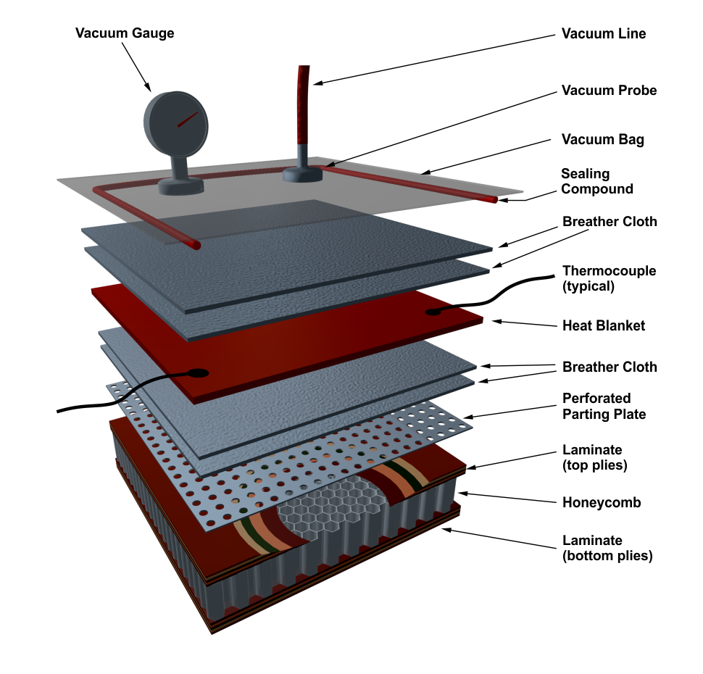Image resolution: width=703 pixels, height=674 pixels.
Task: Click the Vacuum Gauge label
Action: click(125, 33)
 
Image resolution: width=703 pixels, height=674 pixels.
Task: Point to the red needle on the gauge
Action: click(187, 118)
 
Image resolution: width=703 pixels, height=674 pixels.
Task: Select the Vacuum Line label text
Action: click(603, 34)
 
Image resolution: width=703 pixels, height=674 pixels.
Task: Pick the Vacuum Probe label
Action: click(609, 91)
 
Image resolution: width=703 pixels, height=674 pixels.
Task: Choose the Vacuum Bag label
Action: click(602, 140)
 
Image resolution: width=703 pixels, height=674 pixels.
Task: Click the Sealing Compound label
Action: click(596, 182)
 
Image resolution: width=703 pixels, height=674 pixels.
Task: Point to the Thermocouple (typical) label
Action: click(609, 278)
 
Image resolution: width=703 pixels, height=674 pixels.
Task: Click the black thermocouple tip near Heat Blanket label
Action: click(433, 312)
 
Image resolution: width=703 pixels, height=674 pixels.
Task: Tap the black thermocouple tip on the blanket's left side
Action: click(198, 373)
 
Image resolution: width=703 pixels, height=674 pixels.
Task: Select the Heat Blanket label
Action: click(603, 326)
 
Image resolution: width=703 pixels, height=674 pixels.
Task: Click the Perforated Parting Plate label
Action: click(604, 407)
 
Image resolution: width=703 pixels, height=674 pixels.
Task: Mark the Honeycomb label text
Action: click(602, 502)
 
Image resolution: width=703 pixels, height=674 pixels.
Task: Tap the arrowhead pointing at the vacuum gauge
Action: click(148, 88)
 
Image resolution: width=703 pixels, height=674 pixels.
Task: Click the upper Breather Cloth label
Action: click(610, 222)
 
